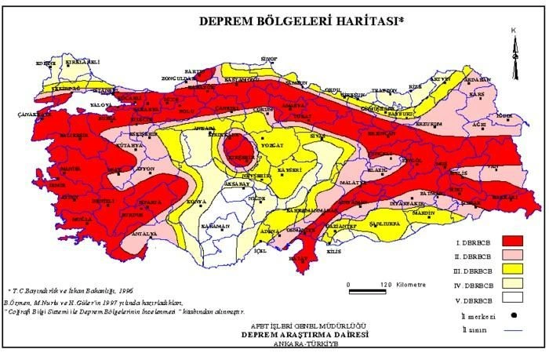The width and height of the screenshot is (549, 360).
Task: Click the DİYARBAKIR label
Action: tap(407, 198)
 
